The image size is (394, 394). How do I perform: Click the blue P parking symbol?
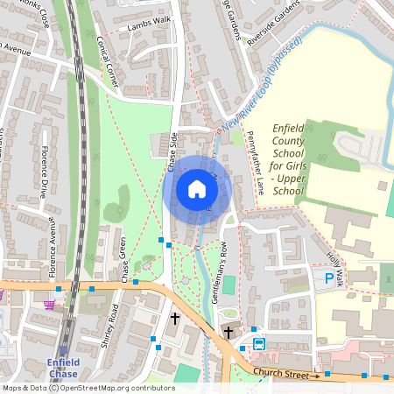pyautogui.click(x=329, y=279)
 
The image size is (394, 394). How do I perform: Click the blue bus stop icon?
pyautogui.click(x=259, y=342)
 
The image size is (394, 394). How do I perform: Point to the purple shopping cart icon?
pyautogui.click(x=50, y=304)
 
